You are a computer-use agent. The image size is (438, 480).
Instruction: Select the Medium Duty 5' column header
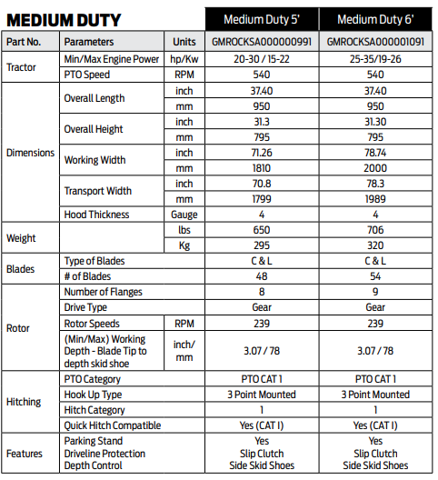tap(262, 19)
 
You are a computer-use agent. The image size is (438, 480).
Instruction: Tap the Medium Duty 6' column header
tap(375, 19)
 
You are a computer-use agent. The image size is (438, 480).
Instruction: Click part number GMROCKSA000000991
tap(262, 42)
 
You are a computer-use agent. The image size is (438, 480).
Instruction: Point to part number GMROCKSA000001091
tap(375, 42)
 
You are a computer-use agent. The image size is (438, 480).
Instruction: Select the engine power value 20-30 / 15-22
tap(262, 59)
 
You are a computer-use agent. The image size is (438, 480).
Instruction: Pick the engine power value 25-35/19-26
tap(375, 59)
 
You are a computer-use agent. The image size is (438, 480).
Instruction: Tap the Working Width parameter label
tap(95, 160)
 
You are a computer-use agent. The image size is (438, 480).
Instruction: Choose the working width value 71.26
tap(262, 153)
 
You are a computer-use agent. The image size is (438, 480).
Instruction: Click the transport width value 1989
tap(375, 198)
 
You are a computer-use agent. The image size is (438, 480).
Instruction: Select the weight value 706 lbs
tap(375, 231)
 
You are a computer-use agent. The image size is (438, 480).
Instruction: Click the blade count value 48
tap(262, 275)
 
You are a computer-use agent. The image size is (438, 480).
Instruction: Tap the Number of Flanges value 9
tap(375, 292)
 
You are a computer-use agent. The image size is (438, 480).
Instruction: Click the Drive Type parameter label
tap(86, 307)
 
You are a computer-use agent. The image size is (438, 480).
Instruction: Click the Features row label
tap(25, 453)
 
